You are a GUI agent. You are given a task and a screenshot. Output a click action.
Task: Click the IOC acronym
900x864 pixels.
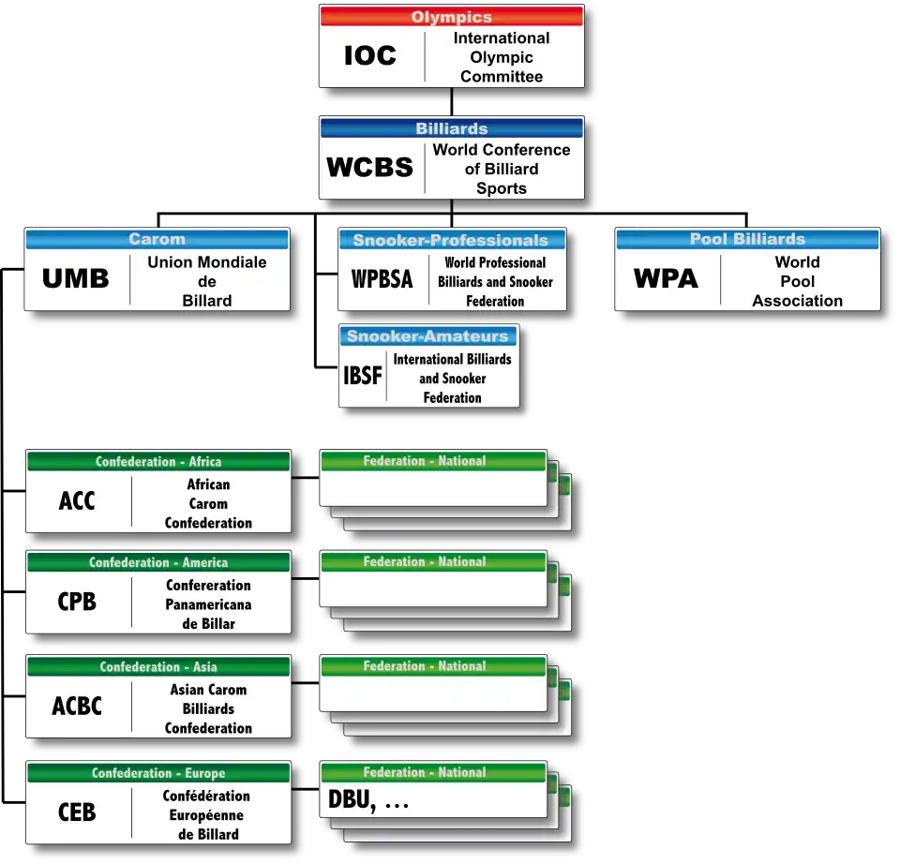pyautogui.click(x=370, y=56)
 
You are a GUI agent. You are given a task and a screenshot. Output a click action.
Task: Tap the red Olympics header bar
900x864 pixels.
pyautogui.click(x=451, y=17)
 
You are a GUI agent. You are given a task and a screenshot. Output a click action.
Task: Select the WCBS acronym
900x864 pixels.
pyautogui.click(x=369, y=168)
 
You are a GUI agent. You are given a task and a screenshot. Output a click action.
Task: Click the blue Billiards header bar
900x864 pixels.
pyautogui.click(x=451, y=128)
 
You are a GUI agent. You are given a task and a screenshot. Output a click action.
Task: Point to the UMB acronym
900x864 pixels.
pyautogui.click(x=76, y=279)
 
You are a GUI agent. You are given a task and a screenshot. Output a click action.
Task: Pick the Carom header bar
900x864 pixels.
pyautogui.click(x=157, y=239)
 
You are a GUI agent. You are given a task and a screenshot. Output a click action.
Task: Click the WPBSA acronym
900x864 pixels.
pyautogui.click(x=382, y=279)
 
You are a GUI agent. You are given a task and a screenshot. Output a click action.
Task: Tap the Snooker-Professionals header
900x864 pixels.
pyautogui.click(x=451, y=240)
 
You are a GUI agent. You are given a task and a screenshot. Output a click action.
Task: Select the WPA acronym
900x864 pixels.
pyautogui.click(x=666, y=279)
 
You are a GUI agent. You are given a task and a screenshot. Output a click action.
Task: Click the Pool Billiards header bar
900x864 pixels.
pyautogui.click(x=747, y=239)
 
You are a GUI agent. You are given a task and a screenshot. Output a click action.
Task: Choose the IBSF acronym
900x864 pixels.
pyautogui.click(x=362, y=377)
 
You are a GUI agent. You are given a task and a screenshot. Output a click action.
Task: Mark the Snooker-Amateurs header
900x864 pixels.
pyautogui.click(x=428, y=336)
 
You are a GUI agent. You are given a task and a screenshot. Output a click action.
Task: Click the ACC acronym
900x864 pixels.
pyautogui.click(x=77, y=501)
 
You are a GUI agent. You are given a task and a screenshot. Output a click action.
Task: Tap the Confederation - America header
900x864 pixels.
pyautogui.click(x=158, y=562)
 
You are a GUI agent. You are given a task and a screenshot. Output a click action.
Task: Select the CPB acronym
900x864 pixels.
pyautogui.click(x=77, y=602)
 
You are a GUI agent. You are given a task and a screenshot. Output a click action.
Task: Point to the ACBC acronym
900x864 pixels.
pyautogui.click(x=77, y=706)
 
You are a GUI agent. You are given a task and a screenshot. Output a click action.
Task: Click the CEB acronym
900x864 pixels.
pyautogui.click(x=77, y=812)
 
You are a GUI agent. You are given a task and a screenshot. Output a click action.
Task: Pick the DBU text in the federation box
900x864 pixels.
pyautogui.click(x=352, y=801)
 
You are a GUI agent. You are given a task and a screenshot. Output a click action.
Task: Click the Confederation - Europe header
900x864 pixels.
pyautogui.click(x=158, y=773)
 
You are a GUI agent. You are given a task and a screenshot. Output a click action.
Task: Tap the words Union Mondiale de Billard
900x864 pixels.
pyautogui.click(x=207, y=281)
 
